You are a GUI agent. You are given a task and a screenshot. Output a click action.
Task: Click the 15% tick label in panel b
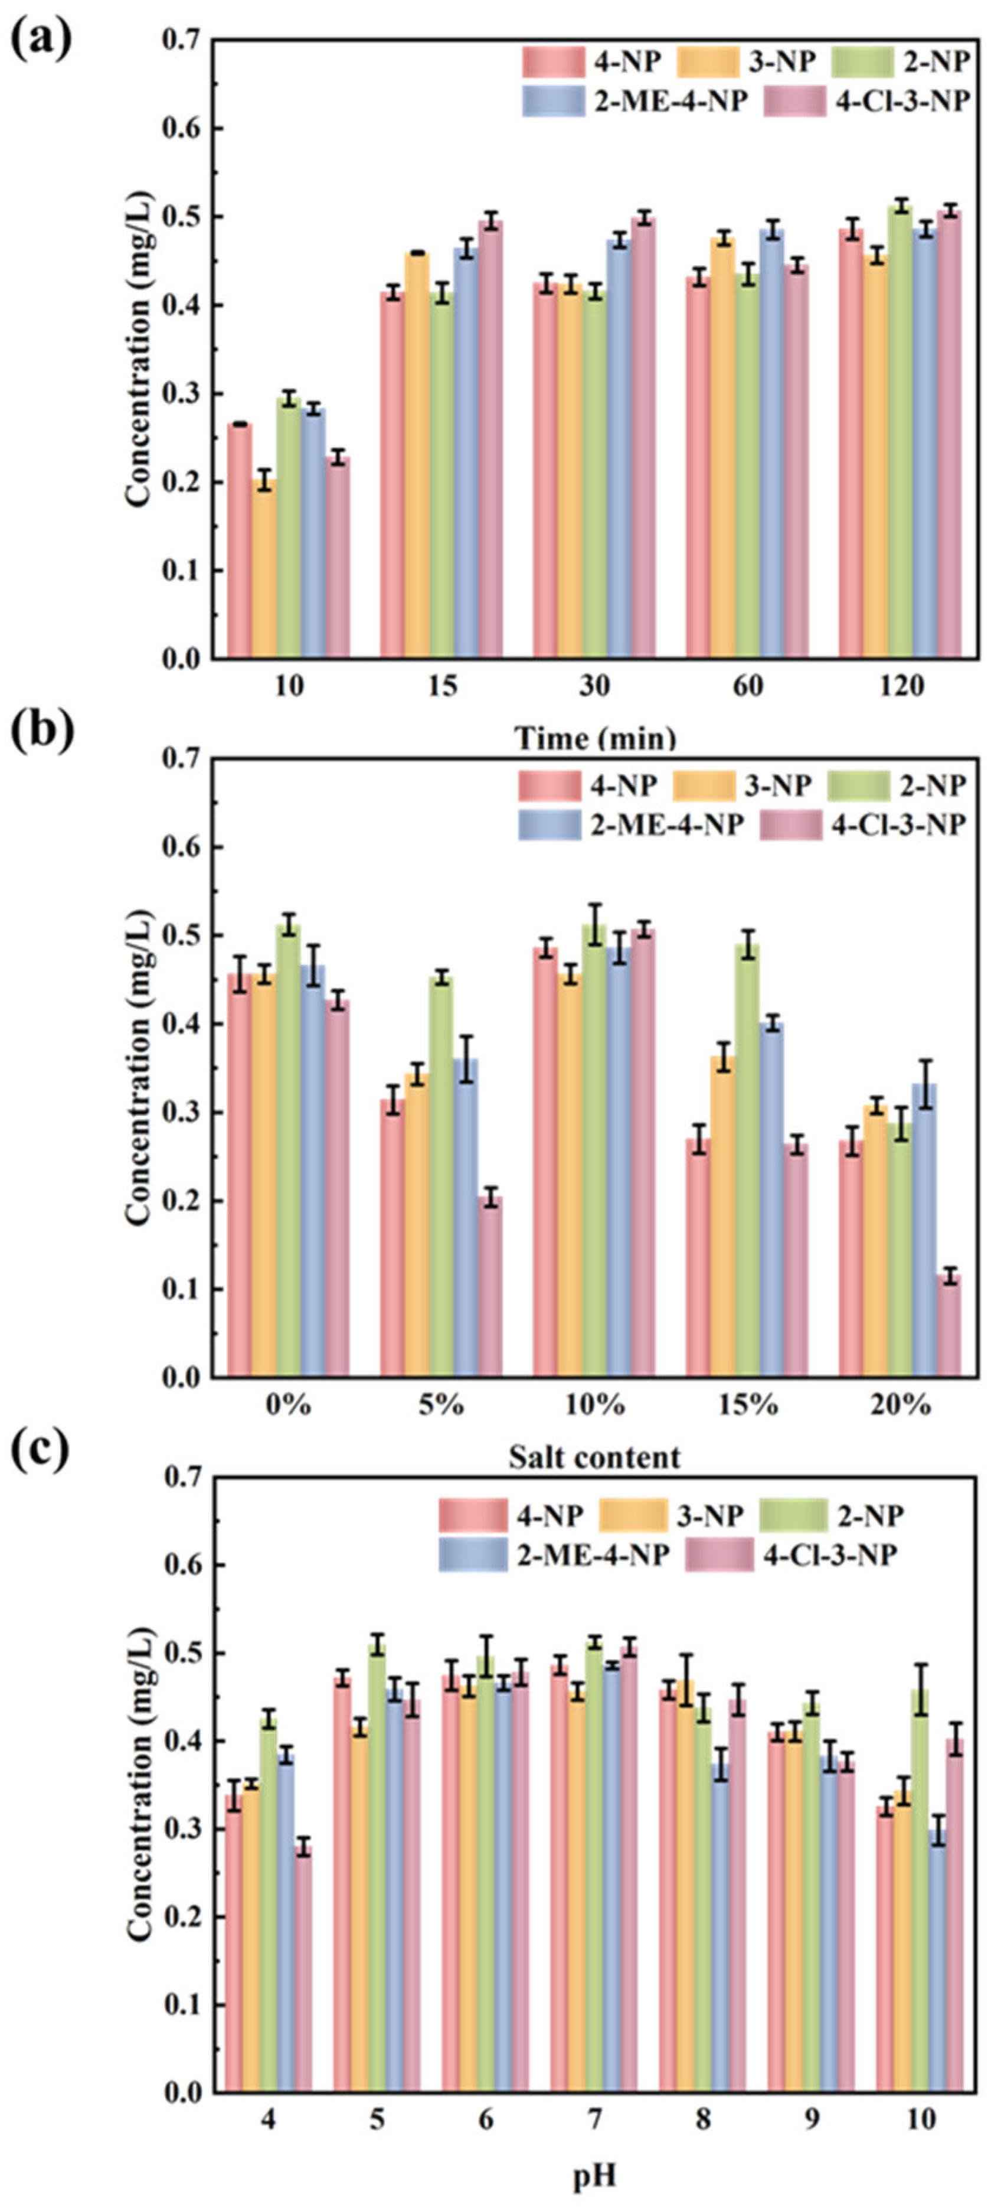click(748, 1405)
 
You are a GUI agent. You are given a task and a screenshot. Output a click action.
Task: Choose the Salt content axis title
click(594, 1456)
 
